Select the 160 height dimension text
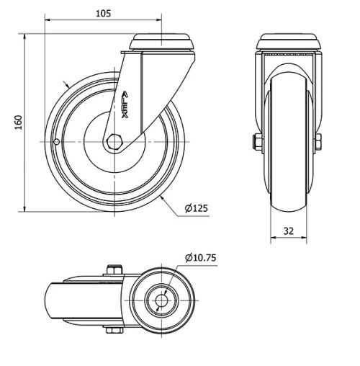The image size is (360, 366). pos(16,122)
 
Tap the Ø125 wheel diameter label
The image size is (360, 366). pos(196,208)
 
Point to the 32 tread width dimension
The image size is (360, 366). pos(288,232)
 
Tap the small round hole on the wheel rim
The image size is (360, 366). pos(57,142)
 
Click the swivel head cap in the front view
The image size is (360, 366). pos(288,40)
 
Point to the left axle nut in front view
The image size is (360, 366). pos(255,142)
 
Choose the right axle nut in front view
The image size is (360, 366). pos(320,142)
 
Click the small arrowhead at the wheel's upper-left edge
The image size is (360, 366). pos(68,85)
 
